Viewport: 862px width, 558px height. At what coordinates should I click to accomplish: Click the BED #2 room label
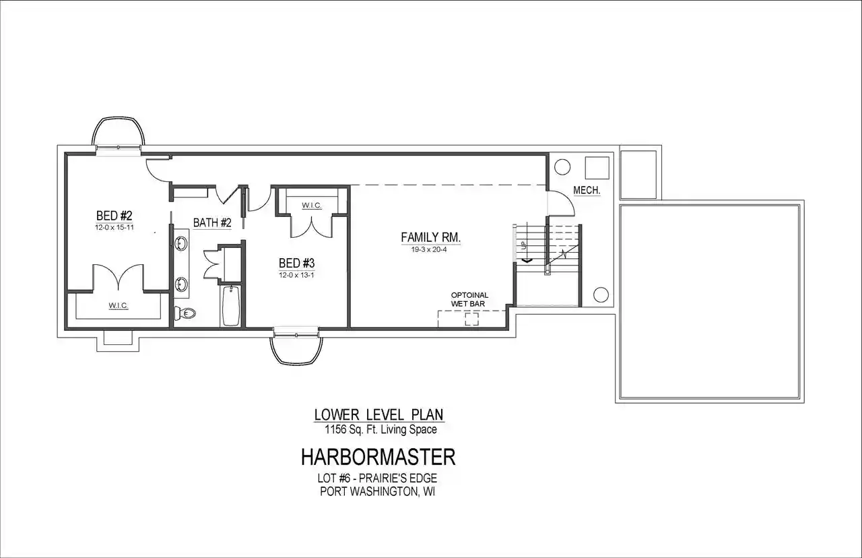pos(114,215)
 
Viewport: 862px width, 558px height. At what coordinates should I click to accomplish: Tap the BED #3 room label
pos(297,263)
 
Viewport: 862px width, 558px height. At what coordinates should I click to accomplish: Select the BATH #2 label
pos(212,222)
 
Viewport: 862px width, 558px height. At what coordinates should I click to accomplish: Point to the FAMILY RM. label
pos(430,237)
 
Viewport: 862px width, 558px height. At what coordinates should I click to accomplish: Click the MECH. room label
pos(587,190)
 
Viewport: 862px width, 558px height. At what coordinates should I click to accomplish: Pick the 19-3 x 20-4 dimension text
pos(429,249)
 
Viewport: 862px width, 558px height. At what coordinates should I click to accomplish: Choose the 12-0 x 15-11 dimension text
pos(114,227)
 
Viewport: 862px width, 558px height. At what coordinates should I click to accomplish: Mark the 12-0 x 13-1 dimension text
pos(297,275)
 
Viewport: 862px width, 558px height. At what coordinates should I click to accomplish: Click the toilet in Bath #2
pos(185,313)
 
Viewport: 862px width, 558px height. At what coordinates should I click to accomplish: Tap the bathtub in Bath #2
pos(231,306)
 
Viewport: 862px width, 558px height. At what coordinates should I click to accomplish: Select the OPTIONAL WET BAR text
pos(469,299)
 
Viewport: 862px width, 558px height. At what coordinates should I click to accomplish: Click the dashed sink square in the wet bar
pos(472,319)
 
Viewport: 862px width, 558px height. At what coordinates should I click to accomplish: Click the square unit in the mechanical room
pos(597,168)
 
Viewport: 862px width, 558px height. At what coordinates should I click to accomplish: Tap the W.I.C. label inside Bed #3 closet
pos(312,206)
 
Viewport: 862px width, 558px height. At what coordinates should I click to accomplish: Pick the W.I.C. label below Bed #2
pos(118,306)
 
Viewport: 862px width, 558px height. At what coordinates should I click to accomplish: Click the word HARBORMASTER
pos(378,457)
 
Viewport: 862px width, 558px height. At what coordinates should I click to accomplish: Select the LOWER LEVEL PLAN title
pos(378,414)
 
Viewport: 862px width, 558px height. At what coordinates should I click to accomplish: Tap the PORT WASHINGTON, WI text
pos(378,492)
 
